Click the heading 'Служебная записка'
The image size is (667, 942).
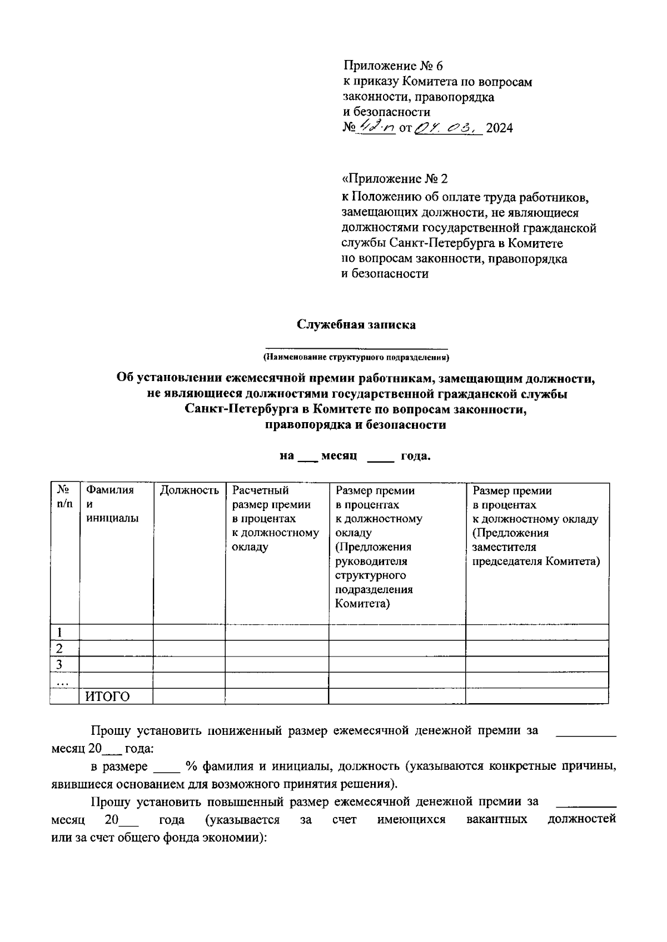(356, 325)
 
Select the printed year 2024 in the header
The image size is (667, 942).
(499, 129)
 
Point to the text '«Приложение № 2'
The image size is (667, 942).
(394, 179)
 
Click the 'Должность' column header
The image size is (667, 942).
(189, 490)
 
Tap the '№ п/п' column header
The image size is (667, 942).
(64, 497)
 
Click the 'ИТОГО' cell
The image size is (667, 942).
(107, 697)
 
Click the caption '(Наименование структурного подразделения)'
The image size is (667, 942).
(356, 357)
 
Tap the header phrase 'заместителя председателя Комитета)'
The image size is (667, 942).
(536, 554)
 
